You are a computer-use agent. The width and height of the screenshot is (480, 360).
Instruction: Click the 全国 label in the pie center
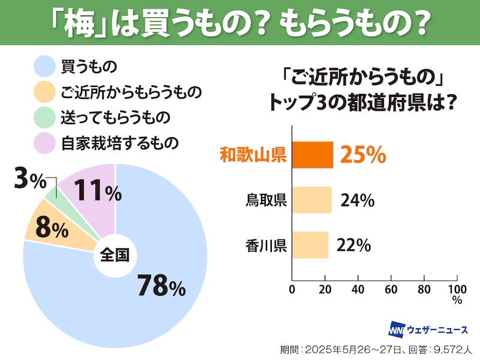115,254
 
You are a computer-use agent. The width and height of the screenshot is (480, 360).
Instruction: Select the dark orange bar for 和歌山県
312,155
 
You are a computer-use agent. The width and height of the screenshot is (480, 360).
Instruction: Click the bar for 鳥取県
311,200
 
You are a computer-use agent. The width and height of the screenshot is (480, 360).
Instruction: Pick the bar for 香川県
310,245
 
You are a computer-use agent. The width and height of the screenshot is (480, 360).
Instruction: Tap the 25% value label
362,155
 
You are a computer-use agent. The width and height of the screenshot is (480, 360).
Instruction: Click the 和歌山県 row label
251,155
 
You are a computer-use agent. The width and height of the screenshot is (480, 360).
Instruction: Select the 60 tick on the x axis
391,290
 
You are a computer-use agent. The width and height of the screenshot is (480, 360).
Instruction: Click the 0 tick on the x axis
292,290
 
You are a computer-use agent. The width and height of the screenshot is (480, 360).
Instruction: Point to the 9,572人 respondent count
454,349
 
